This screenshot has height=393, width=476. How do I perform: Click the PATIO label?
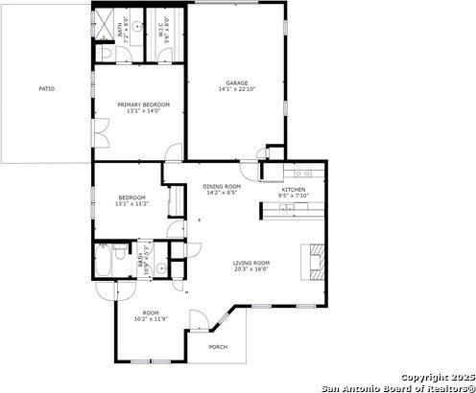click(46, 88)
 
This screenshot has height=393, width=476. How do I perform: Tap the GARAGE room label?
click(236, 82)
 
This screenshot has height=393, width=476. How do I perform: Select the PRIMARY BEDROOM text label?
click(144, 104)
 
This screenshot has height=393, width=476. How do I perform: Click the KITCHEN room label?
click(294, 189)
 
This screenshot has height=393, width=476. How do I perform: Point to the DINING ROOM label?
click(221, 186)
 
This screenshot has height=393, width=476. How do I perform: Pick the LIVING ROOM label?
click(251, 263)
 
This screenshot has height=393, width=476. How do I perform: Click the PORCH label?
click(219, 346)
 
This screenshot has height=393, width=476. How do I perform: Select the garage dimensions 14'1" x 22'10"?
click(236, 89)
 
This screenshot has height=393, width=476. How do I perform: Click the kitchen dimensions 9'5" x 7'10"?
click(294, 196)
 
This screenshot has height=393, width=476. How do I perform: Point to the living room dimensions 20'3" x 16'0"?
click(251, 269)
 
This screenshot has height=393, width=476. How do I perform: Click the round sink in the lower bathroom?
click(162, 268)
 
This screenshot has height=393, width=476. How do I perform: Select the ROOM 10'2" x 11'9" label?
click(151, 316)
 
